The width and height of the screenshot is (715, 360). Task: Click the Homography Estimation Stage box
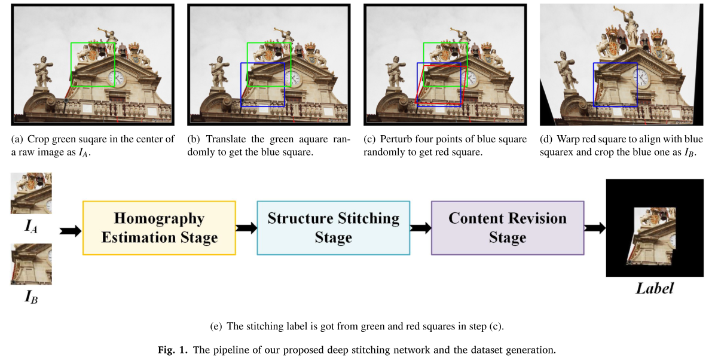[x=159, y=228]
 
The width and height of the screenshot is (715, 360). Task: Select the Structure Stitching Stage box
[x=333, y=228]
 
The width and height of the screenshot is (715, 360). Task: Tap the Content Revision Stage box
[x=507, y=228]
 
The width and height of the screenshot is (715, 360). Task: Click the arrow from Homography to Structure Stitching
[x=246, y=228]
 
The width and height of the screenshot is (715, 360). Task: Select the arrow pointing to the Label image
[x=595, y=228]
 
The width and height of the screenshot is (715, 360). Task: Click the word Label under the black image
[x=654, y=289]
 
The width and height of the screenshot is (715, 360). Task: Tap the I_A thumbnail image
[x=31, y=193]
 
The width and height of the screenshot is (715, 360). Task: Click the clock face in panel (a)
[x=116, y=78]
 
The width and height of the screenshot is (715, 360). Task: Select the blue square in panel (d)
[x=615, y=84]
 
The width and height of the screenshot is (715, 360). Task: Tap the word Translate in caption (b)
[x=224, y=139]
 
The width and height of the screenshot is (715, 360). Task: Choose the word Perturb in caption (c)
[x=396, y=139]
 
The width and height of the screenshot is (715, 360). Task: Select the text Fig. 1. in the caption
[x=175, y=350]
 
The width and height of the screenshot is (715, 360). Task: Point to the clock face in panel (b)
[x=293, y=78]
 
